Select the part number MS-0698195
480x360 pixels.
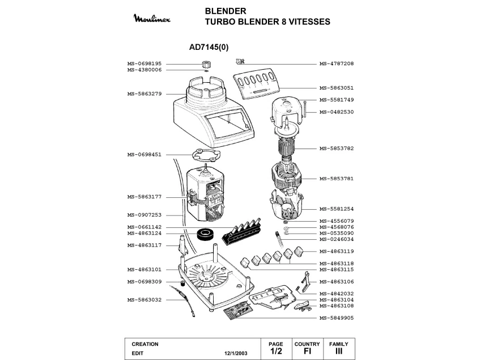(x=145, y=63)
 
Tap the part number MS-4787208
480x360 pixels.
(x=337, y=63)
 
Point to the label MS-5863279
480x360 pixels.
(x=145, y=94)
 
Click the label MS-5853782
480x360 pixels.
(x=337, y=148)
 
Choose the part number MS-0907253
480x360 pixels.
(x=145, y=215)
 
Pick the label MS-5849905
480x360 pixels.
(x=337, y=318)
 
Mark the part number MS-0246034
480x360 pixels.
(x=337, y=239)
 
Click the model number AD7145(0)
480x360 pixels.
(x=209, y=48)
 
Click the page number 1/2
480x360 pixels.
(x=276, y=352)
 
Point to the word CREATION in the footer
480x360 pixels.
(x=145, y=344)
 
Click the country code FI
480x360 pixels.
(x=307, y=352)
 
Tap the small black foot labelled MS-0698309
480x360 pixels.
(x=182, y=282)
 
